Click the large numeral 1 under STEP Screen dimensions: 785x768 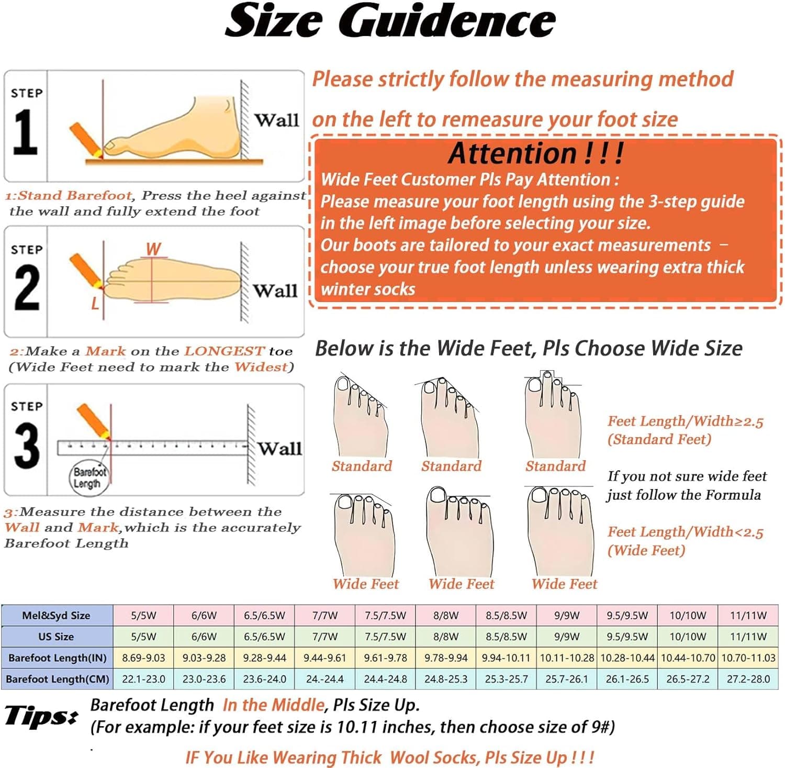[x=25, y=132]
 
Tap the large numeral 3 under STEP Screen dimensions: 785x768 [x=26, y=446]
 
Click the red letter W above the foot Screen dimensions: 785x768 [x=153, y=249]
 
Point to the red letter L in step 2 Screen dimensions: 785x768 [x=95, y=303]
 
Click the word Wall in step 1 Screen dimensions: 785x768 [x=276, y=120]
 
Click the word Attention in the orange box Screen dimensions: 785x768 [x=512, y=153]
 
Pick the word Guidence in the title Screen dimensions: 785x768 [x=447, y=20]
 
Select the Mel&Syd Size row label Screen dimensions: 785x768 [x=56, y=616]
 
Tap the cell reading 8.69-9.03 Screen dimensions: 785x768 [x=143, y=658]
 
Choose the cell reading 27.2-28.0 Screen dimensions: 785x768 [x=748, y=679]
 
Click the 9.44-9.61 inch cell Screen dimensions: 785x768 [x=325, y=658]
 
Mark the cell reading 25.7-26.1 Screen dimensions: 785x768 [x=567, y=679]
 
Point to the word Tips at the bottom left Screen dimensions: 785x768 [x=41, y=716]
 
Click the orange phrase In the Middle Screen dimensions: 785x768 [x=274, y=705]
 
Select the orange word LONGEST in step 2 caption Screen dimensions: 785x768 [x=225, y=351]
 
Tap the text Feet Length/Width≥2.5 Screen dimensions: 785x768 [x=685, y=421]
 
